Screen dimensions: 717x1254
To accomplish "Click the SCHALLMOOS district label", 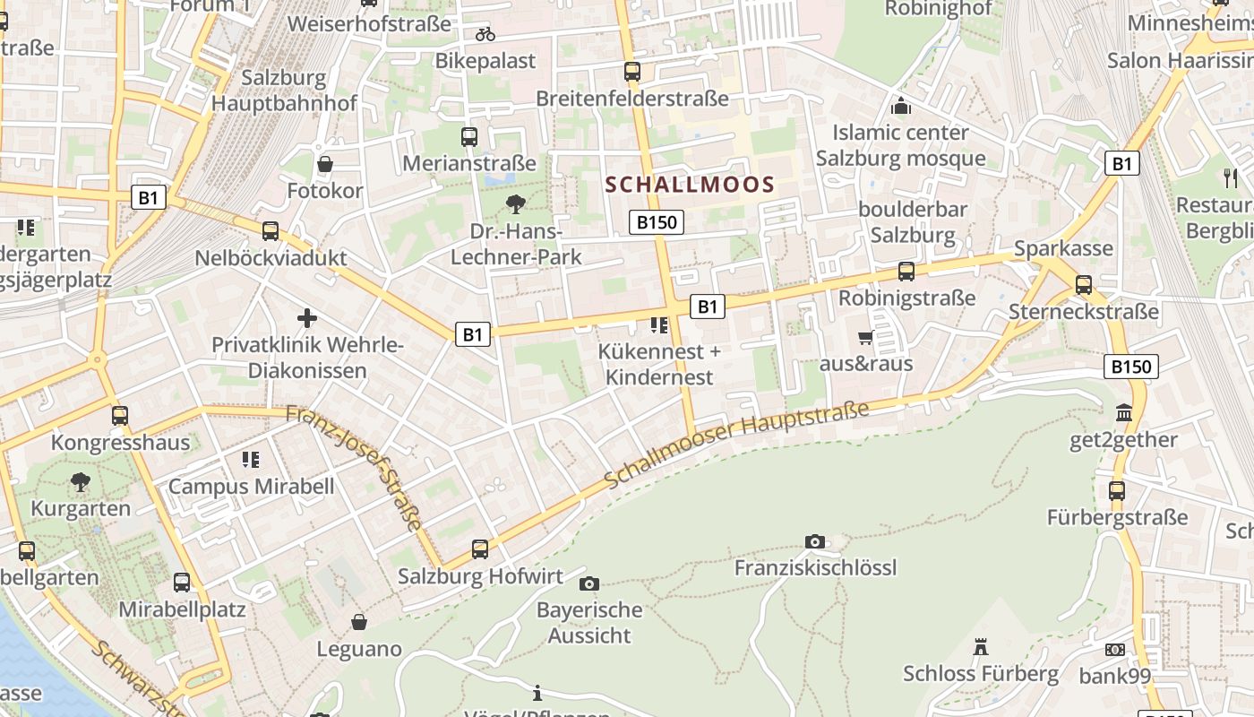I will [x=690, y=186].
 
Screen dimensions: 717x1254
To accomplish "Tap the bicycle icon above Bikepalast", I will [x=485, y=34].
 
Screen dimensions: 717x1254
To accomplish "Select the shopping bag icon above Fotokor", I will [x=325, y=164].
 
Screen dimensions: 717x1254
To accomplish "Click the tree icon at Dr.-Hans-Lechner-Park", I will [x=516, y=204].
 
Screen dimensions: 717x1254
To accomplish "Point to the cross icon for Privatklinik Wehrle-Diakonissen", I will [x=307, y=318].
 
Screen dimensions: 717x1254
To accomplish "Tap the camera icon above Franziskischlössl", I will [x=814, y=541].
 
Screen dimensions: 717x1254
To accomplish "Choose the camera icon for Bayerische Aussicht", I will [x=588, y=584].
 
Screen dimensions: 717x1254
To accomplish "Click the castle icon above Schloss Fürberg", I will [x=980, y=647].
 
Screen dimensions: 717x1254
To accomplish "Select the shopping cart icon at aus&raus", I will [x=865, y=338].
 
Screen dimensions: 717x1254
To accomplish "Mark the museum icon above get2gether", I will [x=1123, y=413].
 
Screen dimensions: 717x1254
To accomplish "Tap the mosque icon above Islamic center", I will [x=900, y=106].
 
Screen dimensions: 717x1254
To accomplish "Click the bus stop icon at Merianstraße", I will [x=469, y=137].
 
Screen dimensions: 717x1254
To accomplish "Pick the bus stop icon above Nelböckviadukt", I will [x=271, y=231].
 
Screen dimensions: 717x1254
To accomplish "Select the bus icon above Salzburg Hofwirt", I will [x=480, y=549].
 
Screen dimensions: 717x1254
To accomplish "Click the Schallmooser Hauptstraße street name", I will [x=736, y=445].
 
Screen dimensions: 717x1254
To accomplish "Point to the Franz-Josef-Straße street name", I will [x=355, y=467].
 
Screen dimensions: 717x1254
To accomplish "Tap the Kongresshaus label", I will [x=120, y=443].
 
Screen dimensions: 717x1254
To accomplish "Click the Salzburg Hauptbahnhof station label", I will [x=284, y=90].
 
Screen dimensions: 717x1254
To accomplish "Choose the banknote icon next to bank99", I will [x=1115, y=649].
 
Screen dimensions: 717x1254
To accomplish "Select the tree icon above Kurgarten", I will [x=81, y=482].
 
